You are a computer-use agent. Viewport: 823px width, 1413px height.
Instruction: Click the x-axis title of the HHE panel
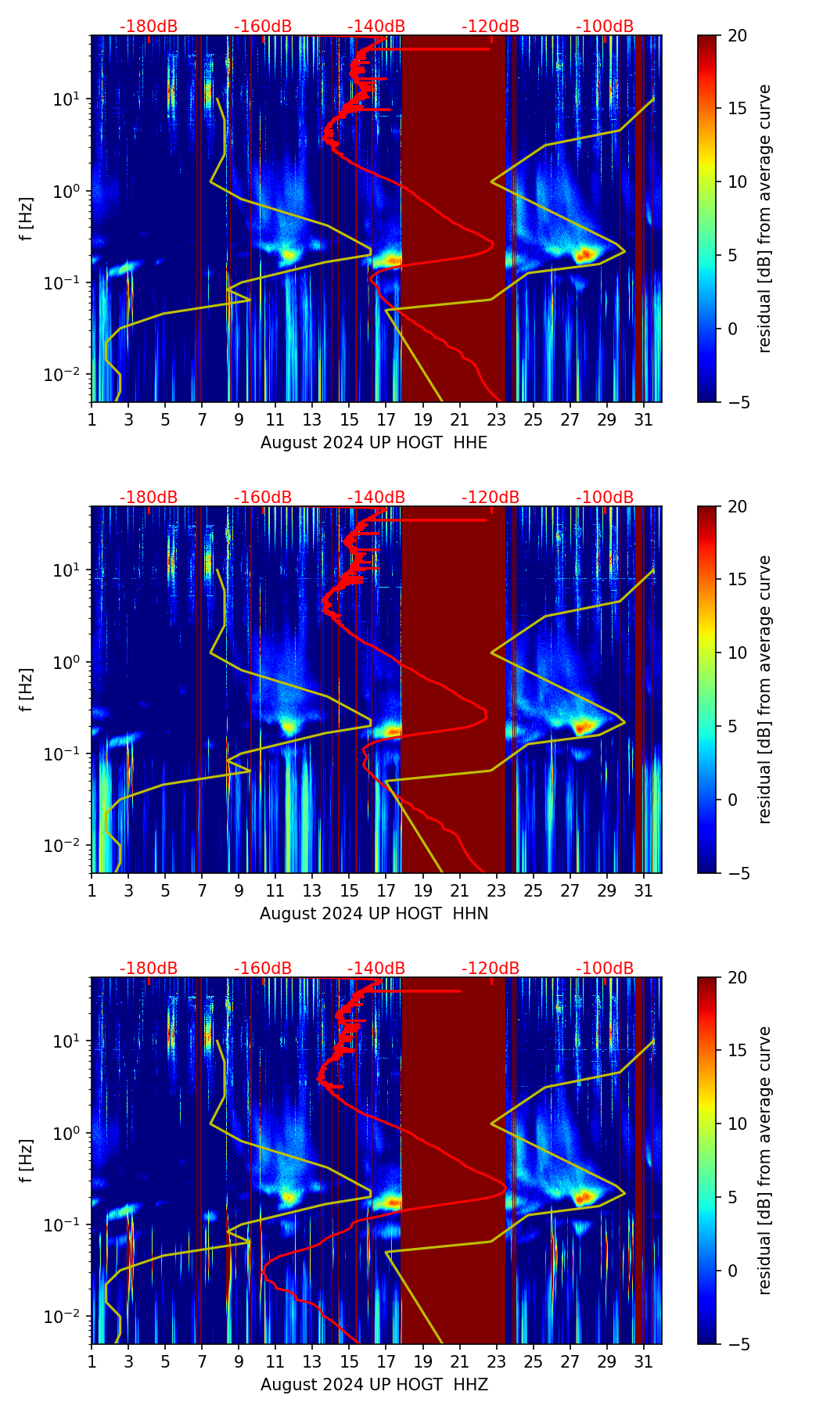point(374,443)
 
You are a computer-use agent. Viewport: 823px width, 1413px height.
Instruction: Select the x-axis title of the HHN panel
point(374,914)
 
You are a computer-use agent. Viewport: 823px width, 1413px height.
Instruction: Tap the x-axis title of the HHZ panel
point(374,1385)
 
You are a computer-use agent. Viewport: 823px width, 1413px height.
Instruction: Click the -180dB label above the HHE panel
point(149,27)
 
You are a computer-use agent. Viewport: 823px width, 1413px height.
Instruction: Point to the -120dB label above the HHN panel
point(491,498)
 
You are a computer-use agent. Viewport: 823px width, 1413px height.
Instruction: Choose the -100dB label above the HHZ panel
point(605,969)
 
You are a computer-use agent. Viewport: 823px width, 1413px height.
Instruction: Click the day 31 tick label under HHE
point(643,419)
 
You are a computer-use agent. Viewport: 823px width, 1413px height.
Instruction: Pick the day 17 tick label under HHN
point(386,890)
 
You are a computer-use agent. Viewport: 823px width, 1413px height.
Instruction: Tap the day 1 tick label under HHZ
point(92,1361)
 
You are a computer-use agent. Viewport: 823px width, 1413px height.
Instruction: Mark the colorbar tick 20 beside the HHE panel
point(738,35)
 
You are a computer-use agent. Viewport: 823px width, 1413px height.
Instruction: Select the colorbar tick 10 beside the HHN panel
point(738,653)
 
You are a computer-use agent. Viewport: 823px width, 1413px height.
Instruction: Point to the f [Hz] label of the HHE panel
point(27,218)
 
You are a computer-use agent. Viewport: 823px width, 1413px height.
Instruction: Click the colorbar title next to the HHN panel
point(765,689)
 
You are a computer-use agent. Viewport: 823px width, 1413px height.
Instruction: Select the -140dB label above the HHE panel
point(376,27)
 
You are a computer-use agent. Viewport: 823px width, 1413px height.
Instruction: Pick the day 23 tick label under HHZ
point(496,1361)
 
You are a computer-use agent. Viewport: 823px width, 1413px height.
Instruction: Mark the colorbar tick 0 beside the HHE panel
point(732,329)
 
